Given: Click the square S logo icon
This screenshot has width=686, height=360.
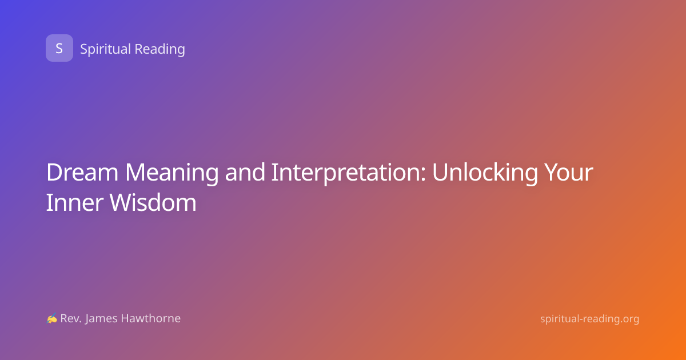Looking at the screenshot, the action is pyautogui.click(x=59, y=48).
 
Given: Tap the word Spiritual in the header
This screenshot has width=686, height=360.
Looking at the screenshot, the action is pyautogui.click(x=105, y=49).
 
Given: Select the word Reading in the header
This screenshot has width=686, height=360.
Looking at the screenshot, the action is pyautogui.click(x=159, y=49).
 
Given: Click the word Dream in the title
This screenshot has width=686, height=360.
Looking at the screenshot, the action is pyautogui.click(x=82, y=172).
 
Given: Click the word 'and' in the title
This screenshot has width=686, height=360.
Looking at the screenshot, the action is pyautogui.click(x=245, y=172).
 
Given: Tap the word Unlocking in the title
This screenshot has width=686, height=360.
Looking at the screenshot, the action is pyautogui.click(x=485, y=174).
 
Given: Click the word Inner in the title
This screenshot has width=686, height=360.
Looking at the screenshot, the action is pyautogui.click(x=74, y=202).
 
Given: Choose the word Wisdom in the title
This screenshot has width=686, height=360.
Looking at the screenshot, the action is pyautogui.click(x=153, y=202).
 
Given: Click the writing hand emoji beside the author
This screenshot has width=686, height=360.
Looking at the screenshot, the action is pyautogui.click(x=52, y=318).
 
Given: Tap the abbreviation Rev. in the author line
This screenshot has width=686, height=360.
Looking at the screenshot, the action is pyautogui.click(x=71, y=318).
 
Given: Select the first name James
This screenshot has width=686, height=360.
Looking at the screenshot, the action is pyautogui.click(x=101, y=319).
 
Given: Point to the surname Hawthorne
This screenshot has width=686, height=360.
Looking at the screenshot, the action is pyautogui.click(x=151, y=318).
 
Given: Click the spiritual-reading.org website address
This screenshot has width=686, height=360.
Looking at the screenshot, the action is pyautogui.click(x=589, y=319).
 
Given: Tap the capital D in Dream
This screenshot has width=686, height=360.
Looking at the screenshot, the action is pyautogui.click(x=54, y=173).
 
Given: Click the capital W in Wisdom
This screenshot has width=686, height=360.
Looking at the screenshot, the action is pyautogui.click(x=122, y=202).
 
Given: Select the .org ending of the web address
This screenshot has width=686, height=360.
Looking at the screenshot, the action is pyautogui.click(x=628, y=319).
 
